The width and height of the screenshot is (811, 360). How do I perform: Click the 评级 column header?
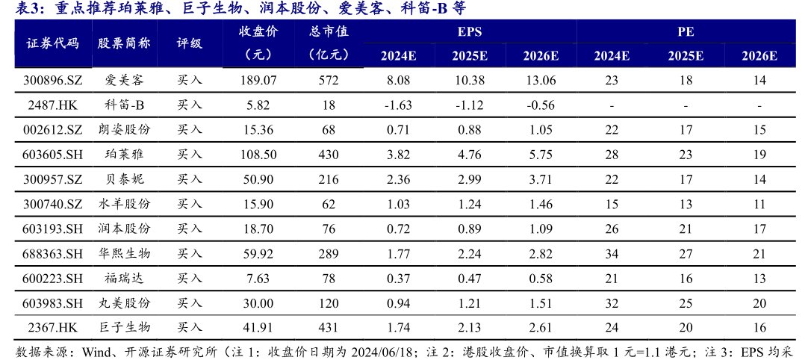pos(190,43)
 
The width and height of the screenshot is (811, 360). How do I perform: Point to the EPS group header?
pos(469,33)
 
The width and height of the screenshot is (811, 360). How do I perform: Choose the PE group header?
pos(685,33)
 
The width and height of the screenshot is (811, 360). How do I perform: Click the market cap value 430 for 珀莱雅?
pos(329,155)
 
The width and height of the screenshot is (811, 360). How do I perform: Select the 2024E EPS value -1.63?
pos(398,105)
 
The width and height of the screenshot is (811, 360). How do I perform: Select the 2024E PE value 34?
pos(611,253)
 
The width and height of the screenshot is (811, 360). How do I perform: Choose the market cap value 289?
pos(329,253)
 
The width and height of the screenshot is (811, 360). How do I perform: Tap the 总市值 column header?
pos(329,33)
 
